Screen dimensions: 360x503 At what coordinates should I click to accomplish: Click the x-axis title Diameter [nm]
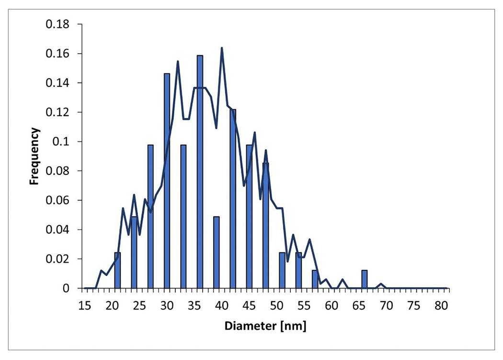pos(266,326)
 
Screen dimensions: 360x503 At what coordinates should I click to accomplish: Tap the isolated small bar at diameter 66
pos(364,279)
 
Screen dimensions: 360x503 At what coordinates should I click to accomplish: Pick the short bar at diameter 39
pos(216,252)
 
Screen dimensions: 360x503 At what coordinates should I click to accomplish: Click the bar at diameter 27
pos(150,216)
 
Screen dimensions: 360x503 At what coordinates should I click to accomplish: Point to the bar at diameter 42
pos(233,198)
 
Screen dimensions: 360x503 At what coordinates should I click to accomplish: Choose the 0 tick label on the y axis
pos(68,289)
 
